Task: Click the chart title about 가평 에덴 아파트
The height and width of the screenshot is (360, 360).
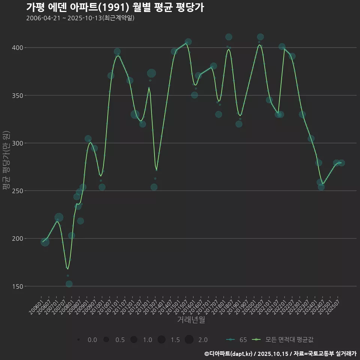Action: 115,7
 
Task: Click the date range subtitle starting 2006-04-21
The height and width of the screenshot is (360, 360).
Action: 80,18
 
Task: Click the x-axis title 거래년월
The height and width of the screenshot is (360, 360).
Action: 191,320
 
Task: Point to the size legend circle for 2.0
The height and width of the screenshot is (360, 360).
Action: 189,340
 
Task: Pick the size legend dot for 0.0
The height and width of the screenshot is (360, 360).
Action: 78,340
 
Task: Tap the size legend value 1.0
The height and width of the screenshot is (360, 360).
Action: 147,340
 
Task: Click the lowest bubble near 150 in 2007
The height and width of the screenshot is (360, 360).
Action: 69,284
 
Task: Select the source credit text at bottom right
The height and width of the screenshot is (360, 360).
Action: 280,354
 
